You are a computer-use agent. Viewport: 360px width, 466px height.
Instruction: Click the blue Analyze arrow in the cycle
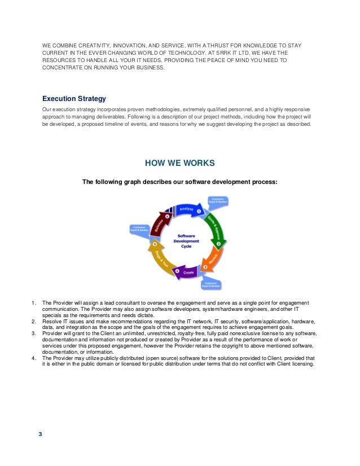pyautogui.click(x=186, y=210)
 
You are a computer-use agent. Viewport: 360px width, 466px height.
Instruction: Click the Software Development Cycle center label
pyautogui.click(x=186, y=241)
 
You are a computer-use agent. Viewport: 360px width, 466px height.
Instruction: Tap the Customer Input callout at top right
pyautogui.click(x=218, y=200)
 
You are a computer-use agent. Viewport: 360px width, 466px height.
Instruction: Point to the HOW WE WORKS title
pyautogui.click(x=180, y=164)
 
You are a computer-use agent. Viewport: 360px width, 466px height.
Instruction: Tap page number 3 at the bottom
pyautogui.click(x=39, y=434)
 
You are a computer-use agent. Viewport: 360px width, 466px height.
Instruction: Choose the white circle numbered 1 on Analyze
pyautogui.click(x=199, y=211)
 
